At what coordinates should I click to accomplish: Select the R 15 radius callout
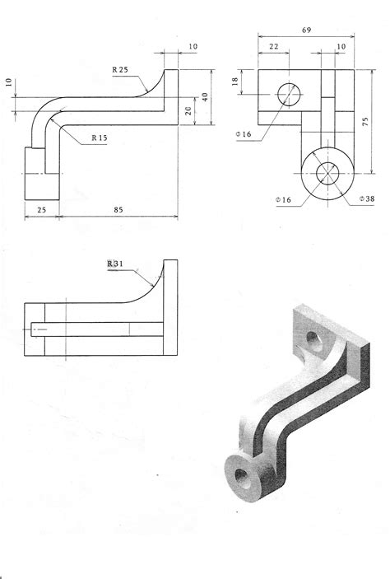pyautogui.click(x=100, y=138)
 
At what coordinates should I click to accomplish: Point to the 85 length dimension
pyautogui.click(x=119, y=210)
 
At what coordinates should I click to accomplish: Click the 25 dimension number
pyautogui.click(x=41, y=210)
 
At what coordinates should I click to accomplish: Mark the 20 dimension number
pyautogui.click(x=189, y=110)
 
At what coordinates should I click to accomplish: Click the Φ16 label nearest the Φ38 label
pyautogui.click(x=284, y=199)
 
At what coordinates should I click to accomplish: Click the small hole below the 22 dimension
pyautogui.click(x=289, y=95)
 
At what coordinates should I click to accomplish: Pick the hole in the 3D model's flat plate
pyautogui.click(x=314, y=338)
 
